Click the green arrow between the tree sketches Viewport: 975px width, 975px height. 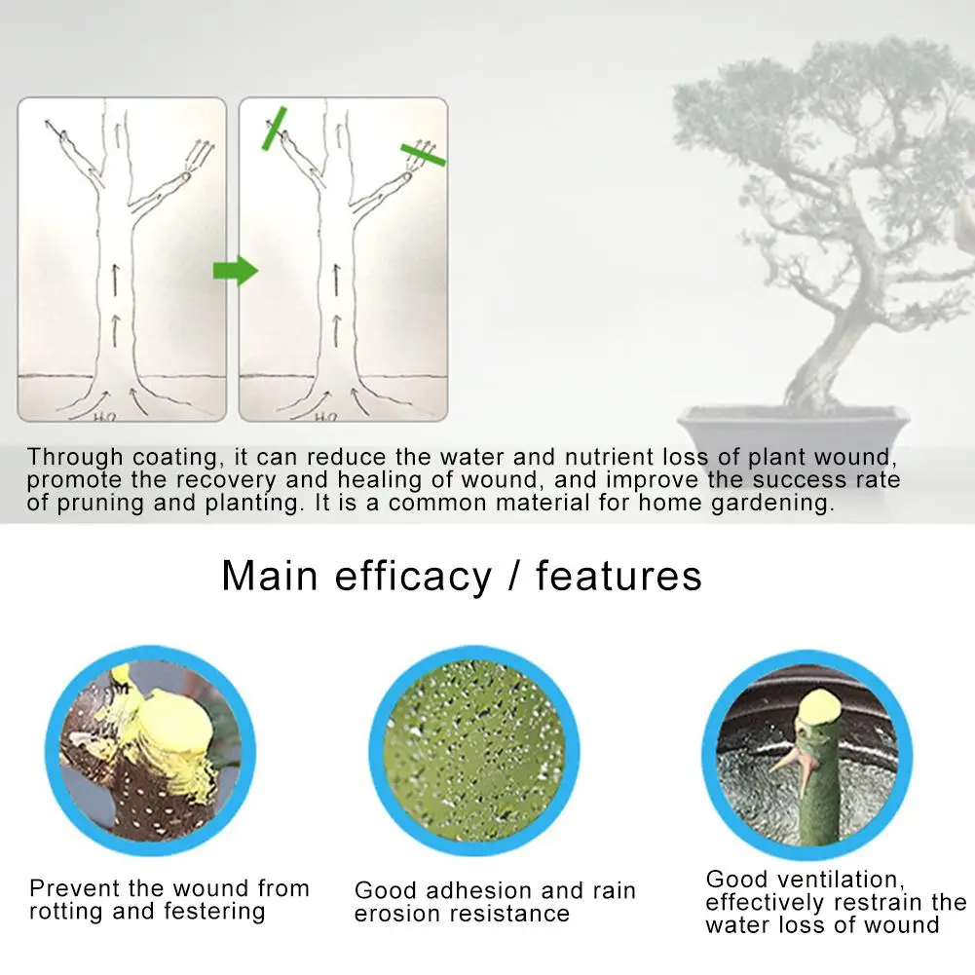235,270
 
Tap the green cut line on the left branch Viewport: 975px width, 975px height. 272,129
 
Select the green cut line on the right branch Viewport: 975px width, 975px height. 424,153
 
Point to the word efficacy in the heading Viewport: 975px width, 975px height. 413,577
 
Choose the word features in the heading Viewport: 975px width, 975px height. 619,576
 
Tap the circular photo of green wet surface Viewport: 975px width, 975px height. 473,747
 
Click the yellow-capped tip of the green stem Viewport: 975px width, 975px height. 821,704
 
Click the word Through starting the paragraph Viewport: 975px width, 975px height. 75,457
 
